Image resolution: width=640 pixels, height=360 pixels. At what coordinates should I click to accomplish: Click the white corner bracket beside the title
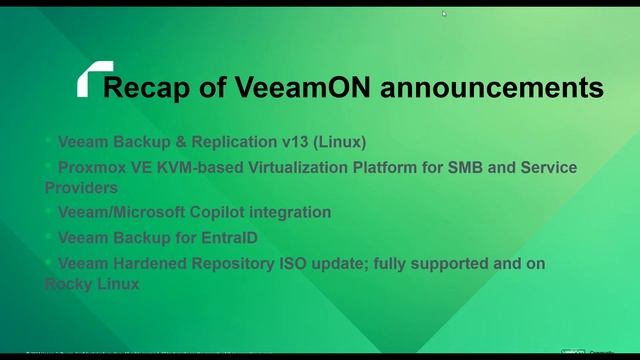(91, 77)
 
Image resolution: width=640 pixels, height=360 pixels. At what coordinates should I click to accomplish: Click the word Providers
(81, 187)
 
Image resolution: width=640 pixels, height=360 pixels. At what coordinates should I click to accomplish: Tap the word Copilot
(218, 212)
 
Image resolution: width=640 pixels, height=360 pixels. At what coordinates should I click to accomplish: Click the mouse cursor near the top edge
(444, 13)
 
